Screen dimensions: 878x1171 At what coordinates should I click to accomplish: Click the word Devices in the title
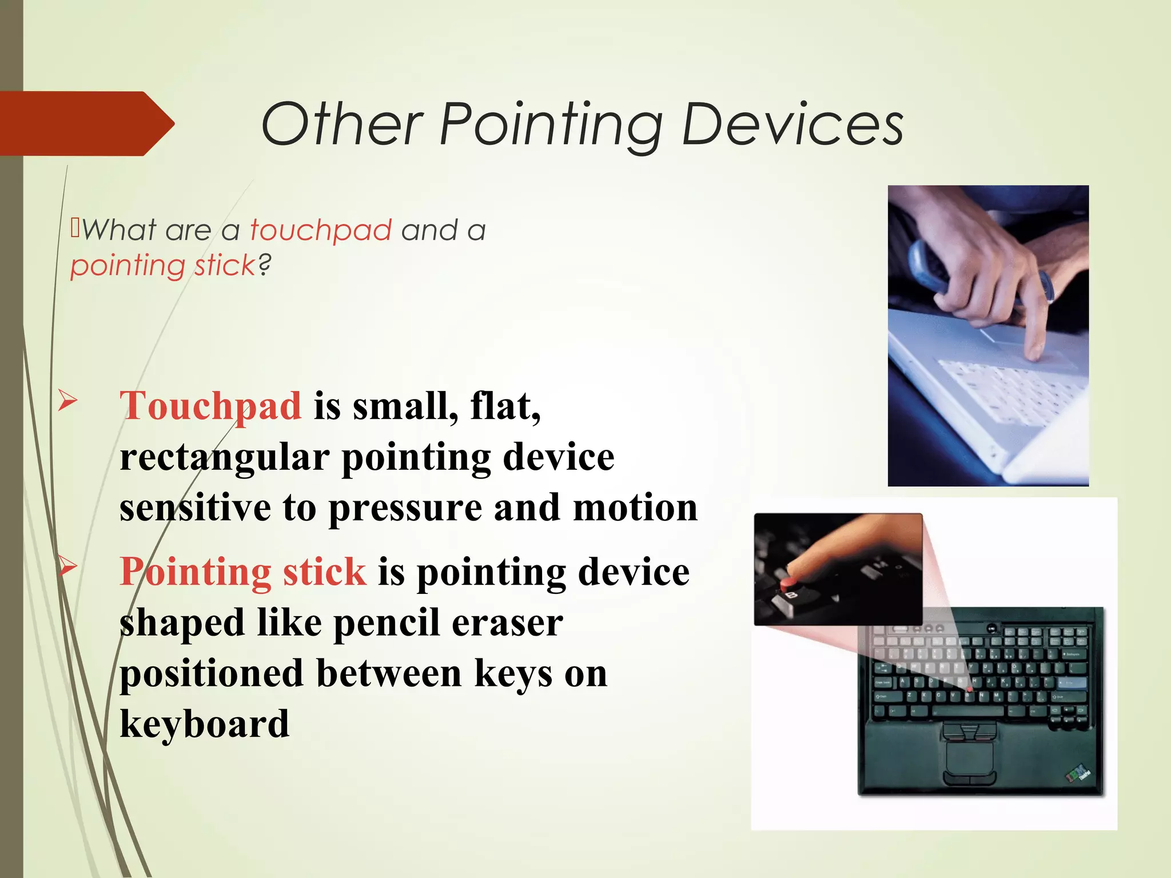(x=792, y=124)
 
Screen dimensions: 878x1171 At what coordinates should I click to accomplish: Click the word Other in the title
(x=341, y=124)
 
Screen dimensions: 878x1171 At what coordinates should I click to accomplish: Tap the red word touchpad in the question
(x=321, y=230)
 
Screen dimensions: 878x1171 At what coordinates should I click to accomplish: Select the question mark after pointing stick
(x=264, y=265)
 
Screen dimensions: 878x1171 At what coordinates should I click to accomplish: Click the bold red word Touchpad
(x=210, y=407)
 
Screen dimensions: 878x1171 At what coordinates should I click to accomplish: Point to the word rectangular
(x=224, y=457)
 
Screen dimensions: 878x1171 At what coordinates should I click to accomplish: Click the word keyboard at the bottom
(x=204, y=724)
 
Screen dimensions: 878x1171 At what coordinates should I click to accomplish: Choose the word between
(x=388, y=673)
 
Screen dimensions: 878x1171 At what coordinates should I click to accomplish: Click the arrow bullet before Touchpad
(x=67, y=401)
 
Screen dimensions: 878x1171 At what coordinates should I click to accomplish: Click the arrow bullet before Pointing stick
(x=67, y=566)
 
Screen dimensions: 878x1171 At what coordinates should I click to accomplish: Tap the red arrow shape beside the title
(x=86, y=123)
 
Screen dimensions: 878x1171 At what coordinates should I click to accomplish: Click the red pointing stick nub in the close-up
(x=788, y=584)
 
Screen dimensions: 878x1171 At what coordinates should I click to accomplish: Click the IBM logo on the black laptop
(x=1078, y=775)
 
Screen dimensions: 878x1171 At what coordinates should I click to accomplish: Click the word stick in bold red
(x=324, y=572)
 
